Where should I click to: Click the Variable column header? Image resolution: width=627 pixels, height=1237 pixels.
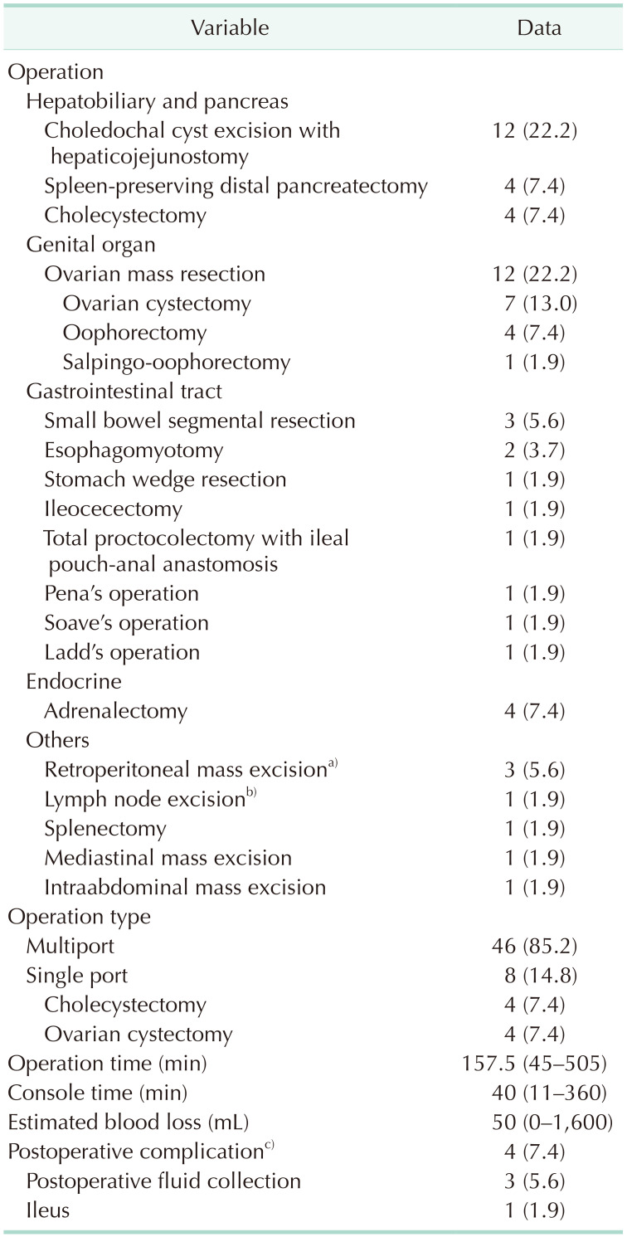[x=230, y=27]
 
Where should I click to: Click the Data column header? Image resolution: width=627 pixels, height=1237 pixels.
[x=539, y=27]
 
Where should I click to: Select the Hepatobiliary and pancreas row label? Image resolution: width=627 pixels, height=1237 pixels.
[x=157, y=101]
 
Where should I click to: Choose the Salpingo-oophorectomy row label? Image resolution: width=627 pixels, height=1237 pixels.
[x=176, y=362]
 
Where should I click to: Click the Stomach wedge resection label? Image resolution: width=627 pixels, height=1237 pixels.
[x=165, y=479]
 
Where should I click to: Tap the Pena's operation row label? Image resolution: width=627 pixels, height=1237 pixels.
[x=121, y=593]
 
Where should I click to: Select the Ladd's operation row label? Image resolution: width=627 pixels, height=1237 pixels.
[x=122, y=652]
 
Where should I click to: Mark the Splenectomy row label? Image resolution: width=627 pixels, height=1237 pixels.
[x=105, y=828]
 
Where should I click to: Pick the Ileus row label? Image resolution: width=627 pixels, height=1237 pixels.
[x=47, y=1210]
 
